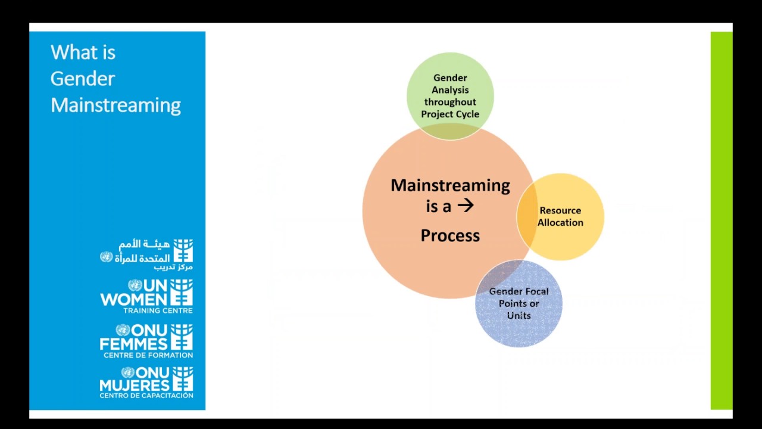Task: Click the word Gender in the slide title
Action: tap(83, 79)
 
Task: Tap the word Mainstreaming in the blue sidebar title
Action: tap(115, 105)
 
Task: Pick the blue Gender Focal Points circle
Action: tap(519, 328)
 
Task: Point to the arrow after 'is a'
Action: tap(466, 206)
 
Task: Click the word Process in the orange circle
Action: tap(450, 235)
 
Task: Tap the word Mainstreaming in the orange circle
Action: tap(450, 185)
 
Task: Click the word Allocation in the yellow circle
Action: tap(560, 223)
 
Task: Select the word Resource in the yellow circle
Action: tap(560, 210)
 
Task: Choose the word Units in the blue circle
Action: tap(519, 316)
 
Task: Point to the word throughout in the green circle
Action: tap(450, 102)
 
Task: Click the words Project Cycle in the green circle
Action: tap(450, 114)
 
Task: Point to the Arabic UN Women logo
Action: tap(146, 253)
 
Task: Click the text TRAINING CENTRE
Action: tap(158, 310)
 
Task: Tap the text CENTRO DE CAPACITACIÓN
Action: tap(146, 395)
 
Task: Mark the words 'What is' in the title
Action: tap(83, 52)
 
